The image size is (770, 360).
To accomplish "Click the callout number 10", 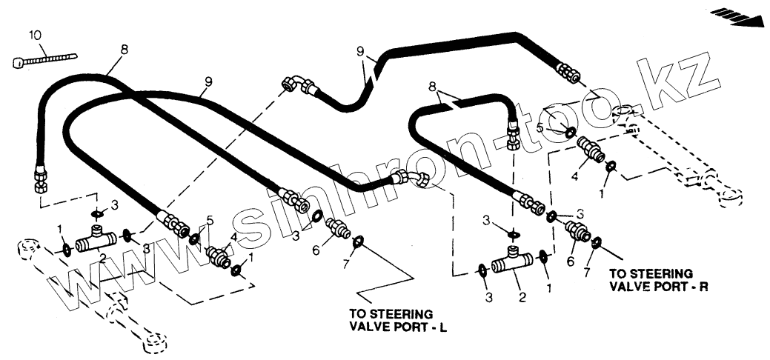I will (x=36, y=35).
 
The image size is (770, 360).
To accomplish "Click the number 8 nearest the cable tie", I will (x=124, y=50).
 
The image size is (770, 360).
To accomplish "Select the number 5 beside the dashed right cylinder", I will (x=540, y=128).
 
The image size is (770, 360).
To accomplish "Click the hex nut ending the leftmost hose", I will (x=41, y=179).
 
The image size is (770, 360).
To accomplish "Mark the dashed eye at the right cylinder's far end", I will (x=729, y=197).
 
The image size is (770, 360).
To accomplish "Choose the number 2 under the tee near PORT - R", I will (x=522, y=298).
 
